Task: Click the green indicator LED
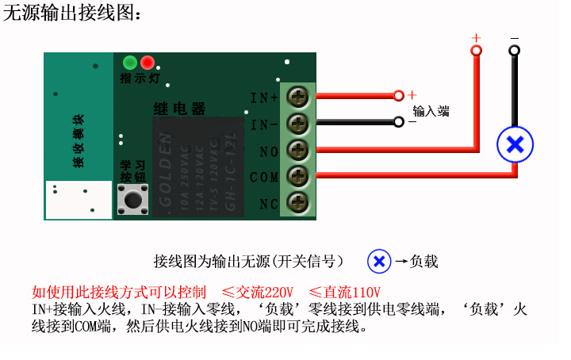click(130, 63)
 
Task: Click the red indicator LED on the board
click(148, 63)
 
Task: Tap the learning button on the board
click(132, 198)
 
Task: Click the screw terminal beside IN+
click(297, 98)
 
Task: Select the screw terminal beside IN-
click(297, 124)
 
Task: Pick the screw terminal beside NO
click(297, 150)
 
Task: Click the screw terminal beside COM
click(297, 176)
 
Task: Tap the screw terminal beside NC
click(297, 202)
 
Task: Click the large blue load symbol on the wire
click(515, 144)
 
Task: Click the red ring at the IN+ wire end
click(398, 96)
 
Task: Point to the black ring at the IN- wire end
click(398, 122)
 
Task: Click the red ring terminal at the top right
click(476, 51)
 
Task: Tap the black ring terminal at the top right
click(515, 51)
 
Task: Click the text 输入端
click(431, 111)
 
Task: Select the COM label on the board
click(264, 178)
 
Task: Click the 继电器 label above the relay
click(179, 109)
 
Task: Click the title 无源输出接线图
click(73, 13)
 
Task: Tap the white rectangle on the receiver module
click(79, 200)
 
